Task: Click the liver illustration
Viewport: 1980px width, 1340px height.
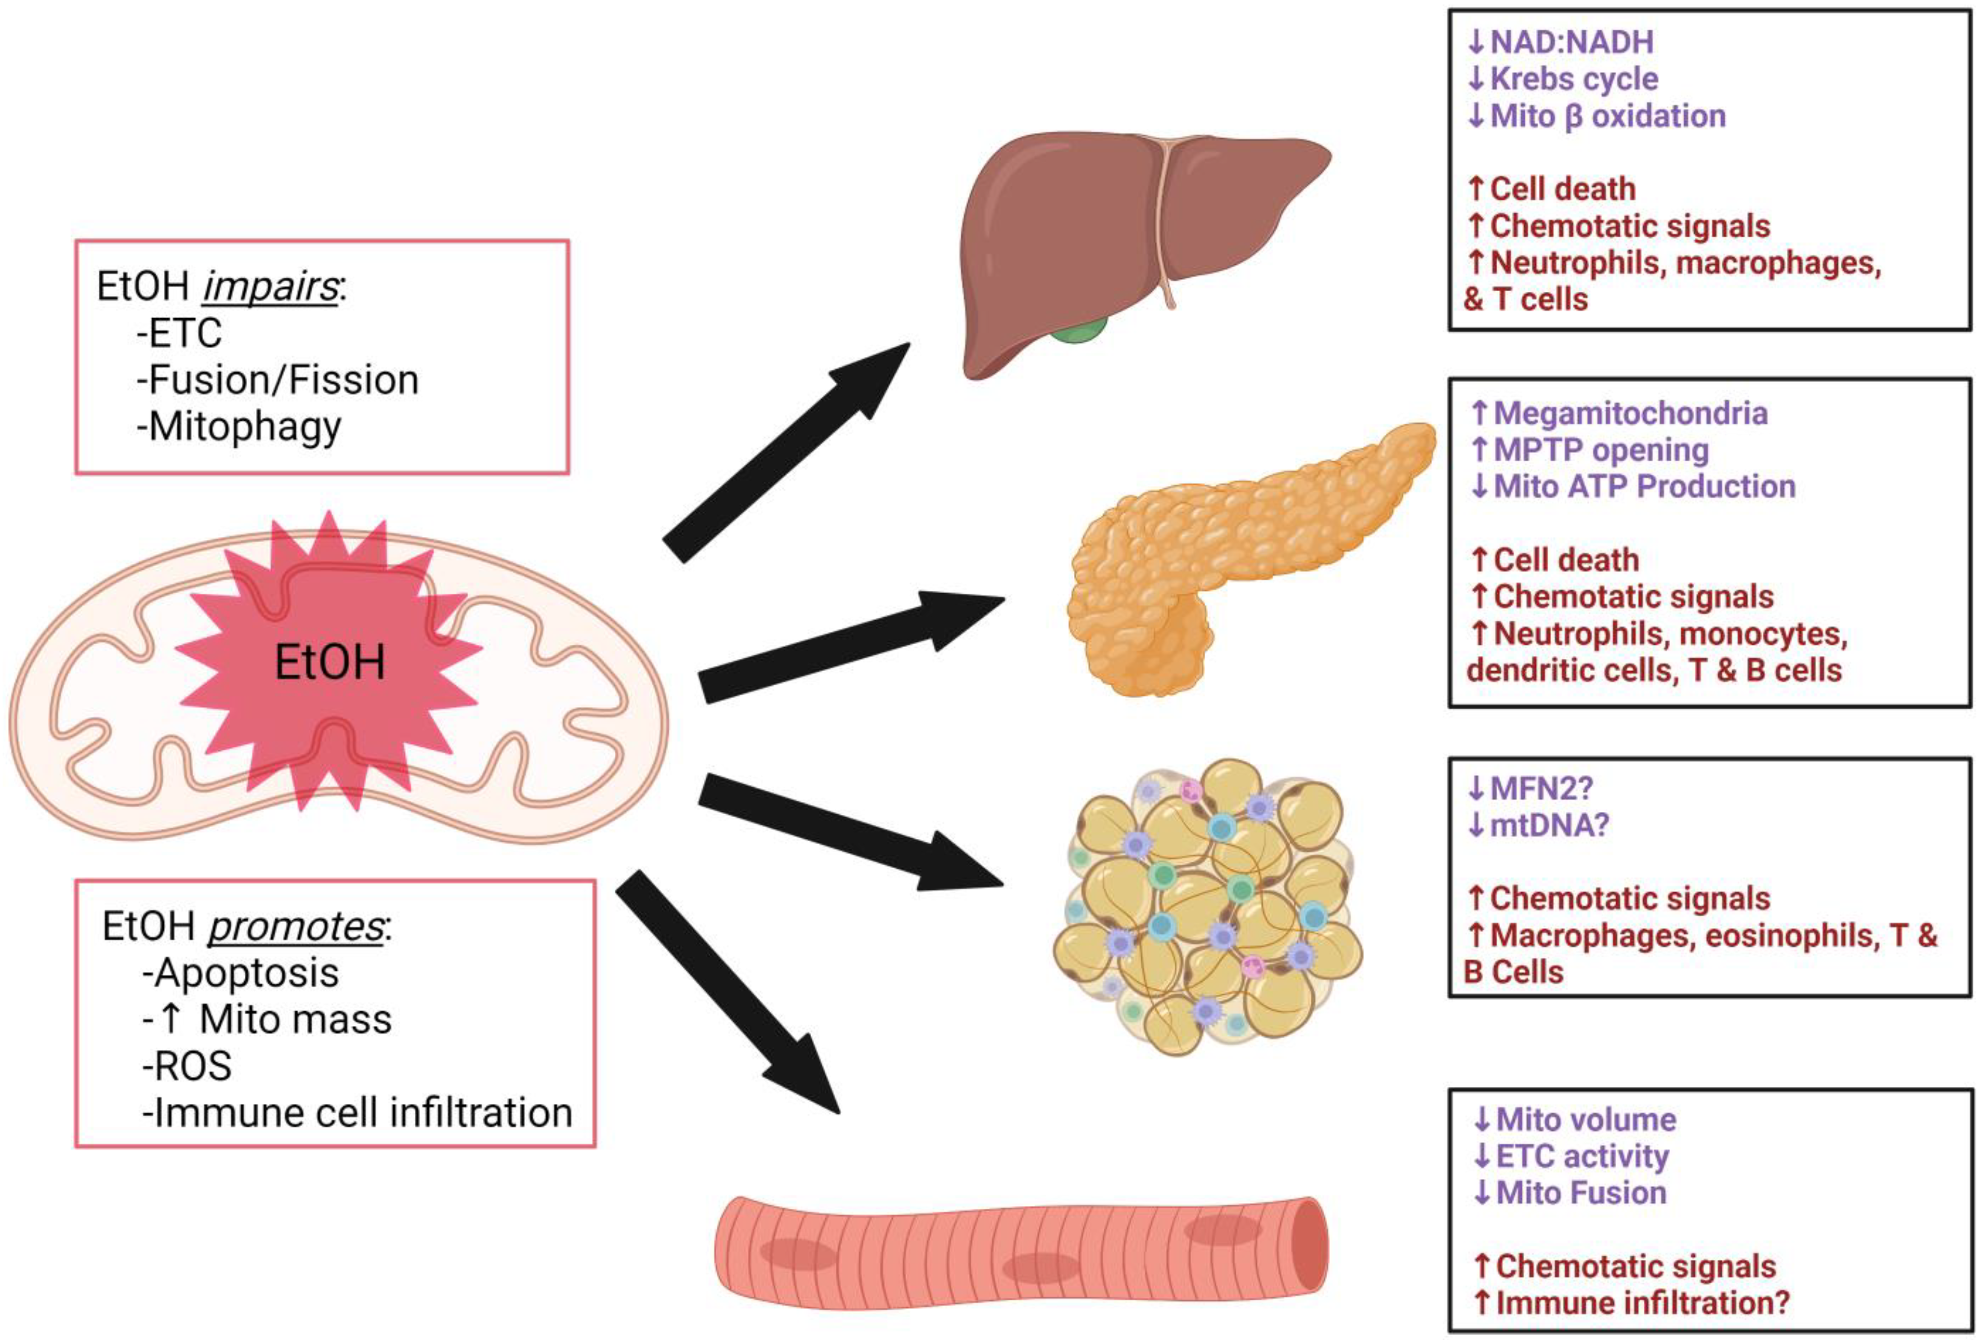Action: (x=1133, y=247)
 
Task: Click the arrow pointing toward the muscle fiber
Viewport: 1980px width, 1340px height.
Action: (x=729, y=993)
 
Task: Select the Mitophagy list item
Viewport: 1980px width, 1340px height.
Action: (x=239, y=427)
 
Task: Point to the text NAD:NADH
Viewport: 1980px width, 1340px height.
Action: (x=1572, y=42)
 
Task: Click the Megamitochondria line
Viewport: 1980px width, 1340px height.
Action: (x=1619, y=413)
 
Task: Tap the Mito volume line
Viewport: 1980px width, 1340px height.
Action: (x=1575, y=1119)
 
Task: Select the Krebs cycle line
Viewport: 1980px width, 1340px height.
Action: (x=1562, y=79)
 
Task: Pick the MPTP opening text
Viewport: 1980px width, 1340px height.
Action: (x=1590, y=450)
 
